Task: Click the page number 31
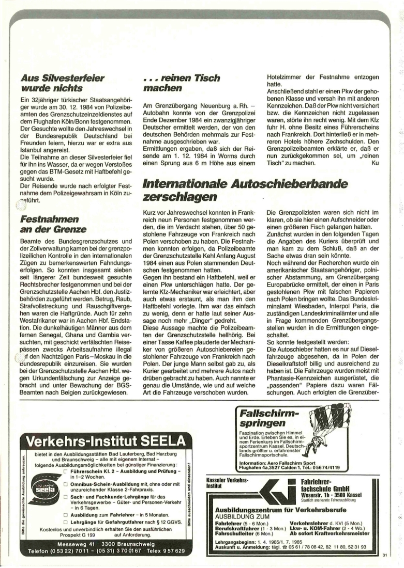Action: [384, 555]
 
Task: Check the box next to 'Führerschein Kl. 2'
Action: [65, 471]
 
